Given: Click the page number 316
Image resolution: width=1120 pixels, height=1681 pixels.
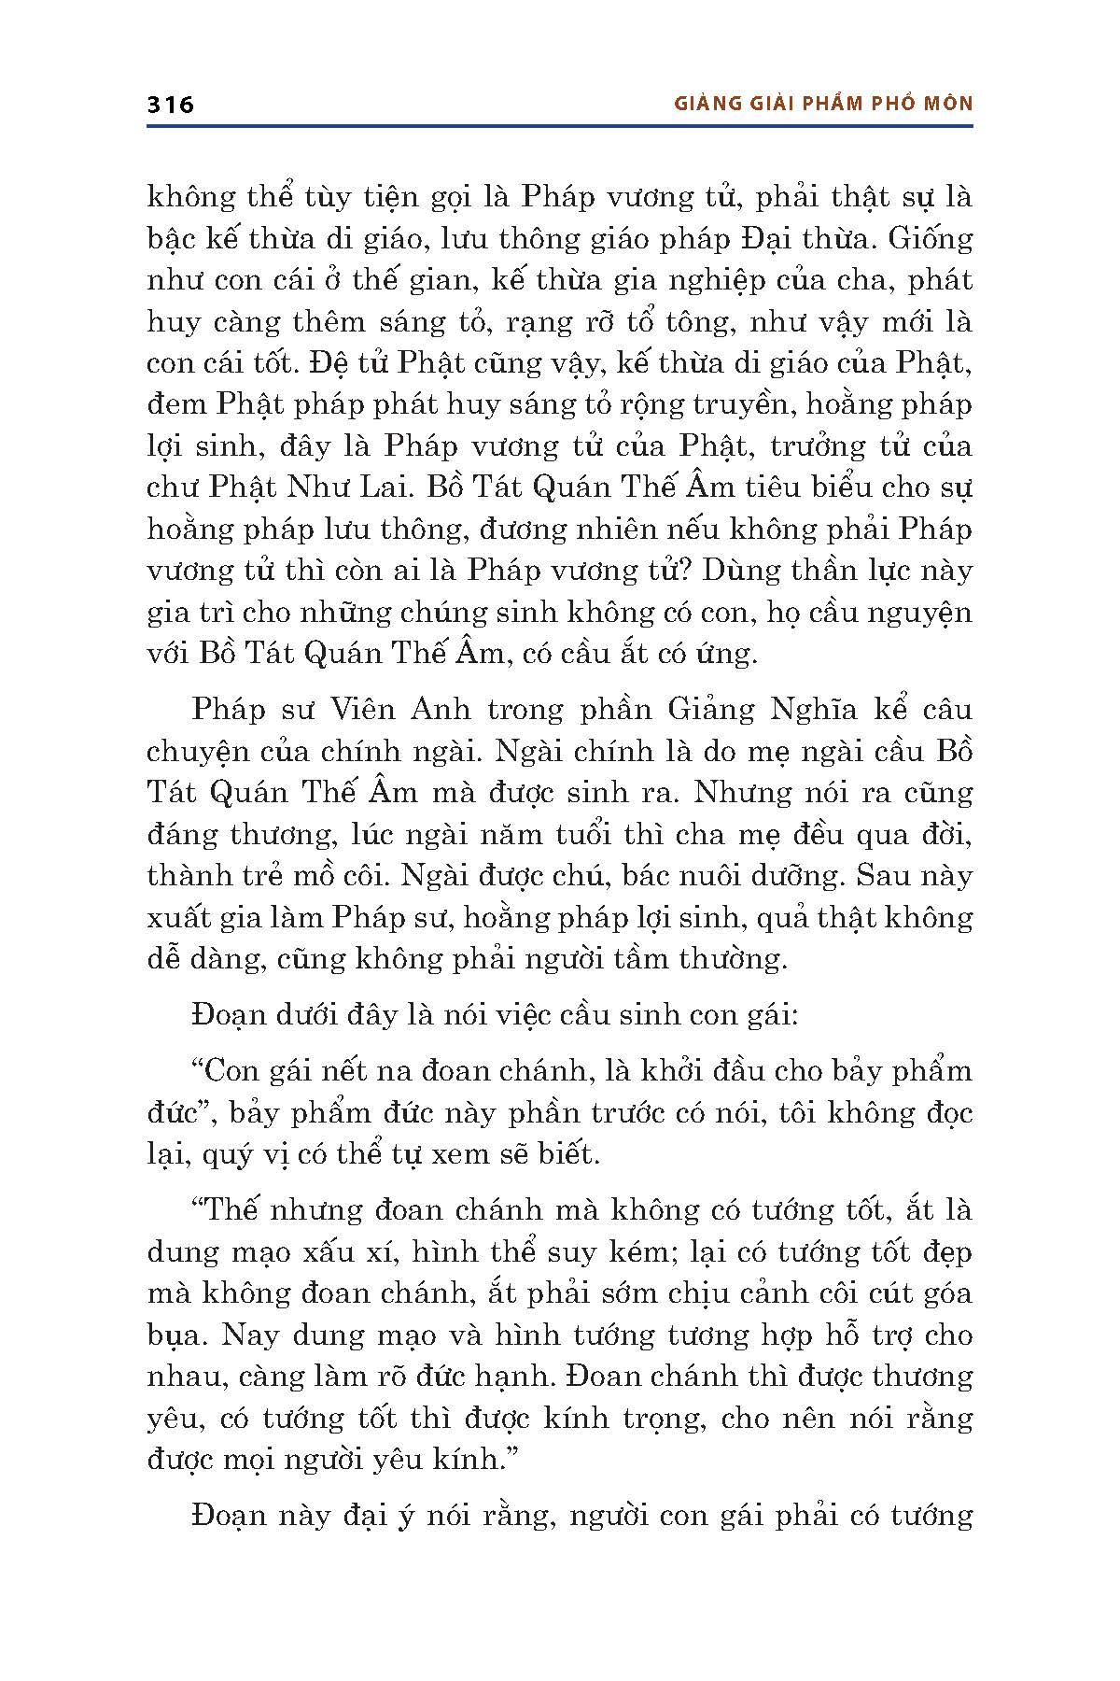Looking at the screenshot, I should pos(170,105).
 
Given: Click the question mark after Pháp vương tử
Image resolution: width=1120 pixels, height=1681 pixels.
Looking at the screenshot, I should pos(694,570).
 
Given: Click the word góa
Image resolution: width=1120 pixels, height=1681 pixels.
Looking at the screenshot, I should pos(945,1293).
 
